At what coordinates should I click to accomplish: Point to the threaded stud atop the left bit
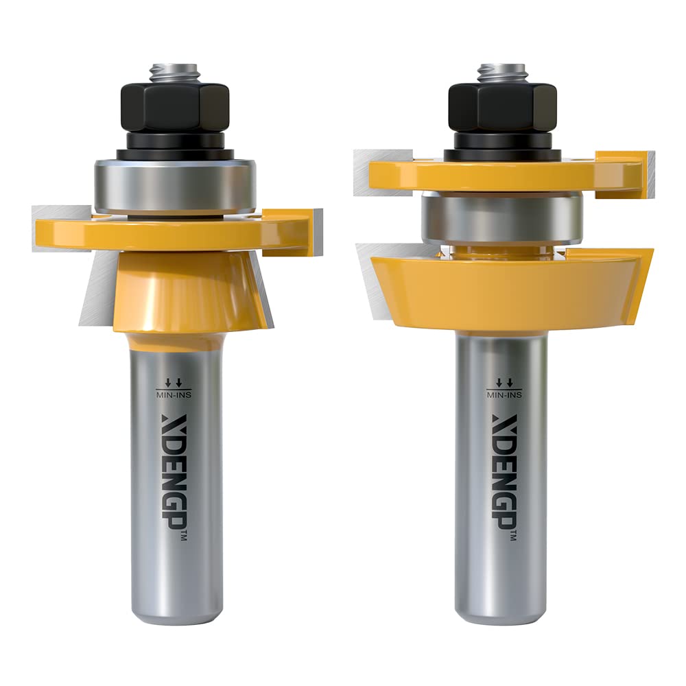pos(175,72)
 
